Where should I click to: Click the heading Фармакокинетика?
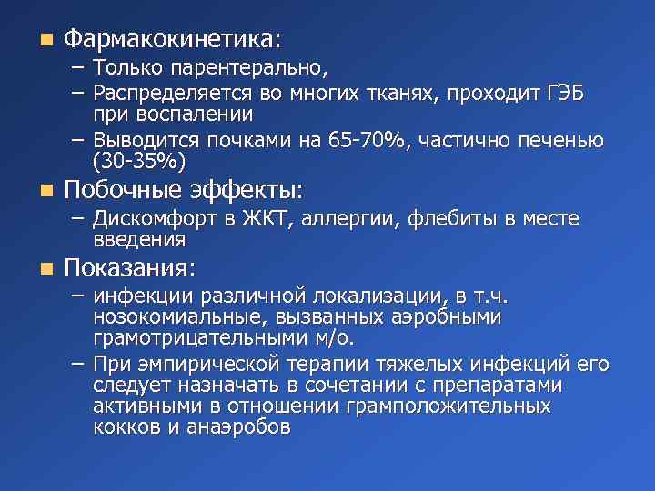172,40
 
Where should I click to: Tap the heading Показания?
129,269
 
